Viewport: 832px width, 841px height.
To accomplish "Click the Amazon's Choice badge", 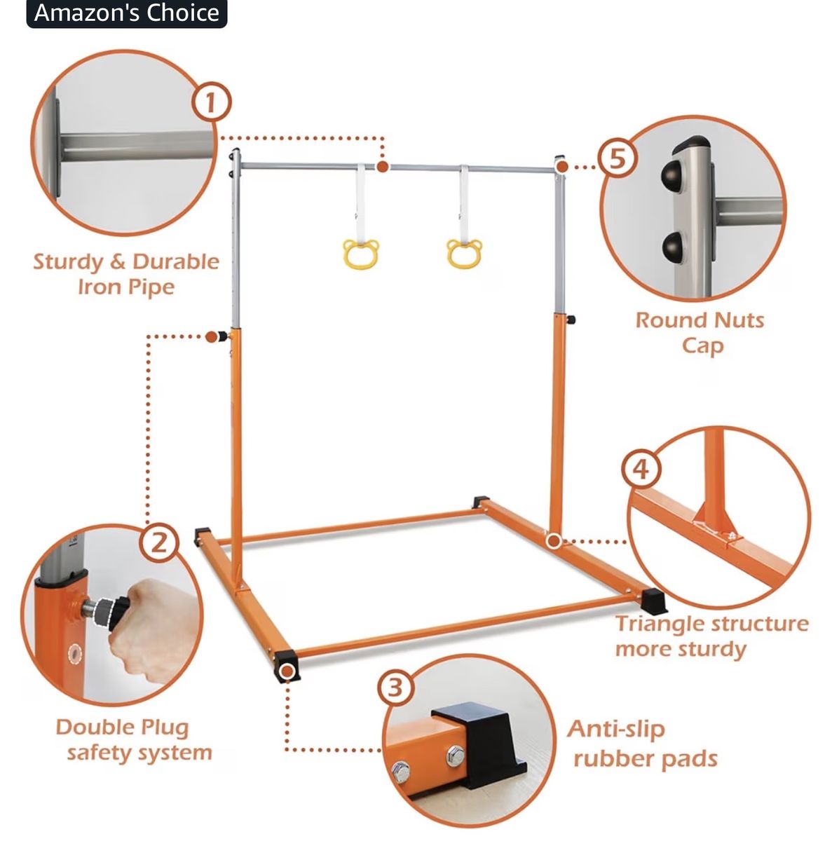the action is [127, 13].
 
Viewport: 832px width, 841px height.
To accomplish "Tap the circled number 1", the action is [211, 103].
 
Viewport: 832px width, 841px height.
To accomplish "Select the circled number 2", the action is [159, 543].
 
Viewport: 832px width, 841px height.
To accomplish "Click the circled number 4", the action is [641, 470].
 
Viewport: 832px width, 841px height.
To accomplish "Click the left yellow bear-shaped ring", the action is [360, 254].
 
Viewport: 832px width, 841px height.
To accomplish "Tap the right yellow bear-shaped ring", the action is [465, 254].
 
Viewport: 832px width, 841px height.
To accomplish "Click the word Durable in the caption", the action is [175, 262].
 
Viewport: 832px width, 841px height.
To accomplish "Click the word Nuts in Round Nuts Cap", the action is [734, 320].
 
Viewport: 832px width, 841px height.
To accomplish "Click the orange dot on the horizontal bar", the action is [383, 167].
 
